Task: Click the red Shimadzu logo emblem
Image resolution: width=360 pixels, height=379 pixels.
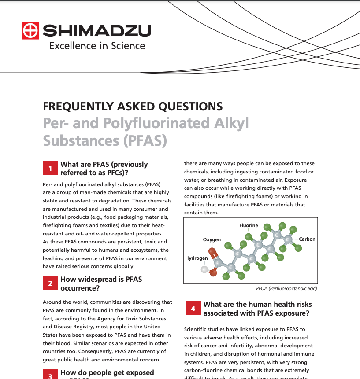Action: tap(30, 30)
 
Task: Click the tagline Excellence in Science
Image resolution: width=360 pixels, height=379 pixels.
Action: tap(97, 45)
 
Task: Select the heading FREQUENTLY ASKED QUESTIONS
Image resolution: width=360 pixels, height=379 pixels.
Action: tap(133, 107)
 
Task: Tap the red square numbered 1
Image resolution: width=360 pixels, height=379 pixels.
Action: tap(50, 169)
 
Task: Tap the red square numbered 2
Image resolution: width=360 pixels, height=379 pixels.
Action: tap(50, 283)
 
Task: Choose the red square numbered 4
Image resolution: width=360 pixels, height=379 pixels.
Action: tap(193, 309)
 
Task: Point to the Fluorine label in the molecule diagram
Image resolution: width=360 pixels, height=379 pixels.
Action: tap(249, 225)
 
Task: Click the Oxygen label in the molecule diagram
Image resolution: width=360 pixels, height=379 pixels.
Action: tap(212, 239)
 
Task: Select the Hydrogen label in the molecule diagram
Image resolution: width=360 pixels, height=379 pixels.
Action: tap(196, 258)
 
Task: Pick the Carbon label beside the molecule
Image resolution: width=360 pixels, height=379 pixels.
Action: tap(307, 239)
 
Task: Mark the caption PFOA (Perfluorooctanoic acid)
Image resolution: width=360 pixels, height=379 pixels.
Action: tap(286, 289)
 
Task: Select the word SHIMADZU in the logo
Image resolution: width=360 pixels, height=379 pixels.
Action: tap(97, 31)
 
